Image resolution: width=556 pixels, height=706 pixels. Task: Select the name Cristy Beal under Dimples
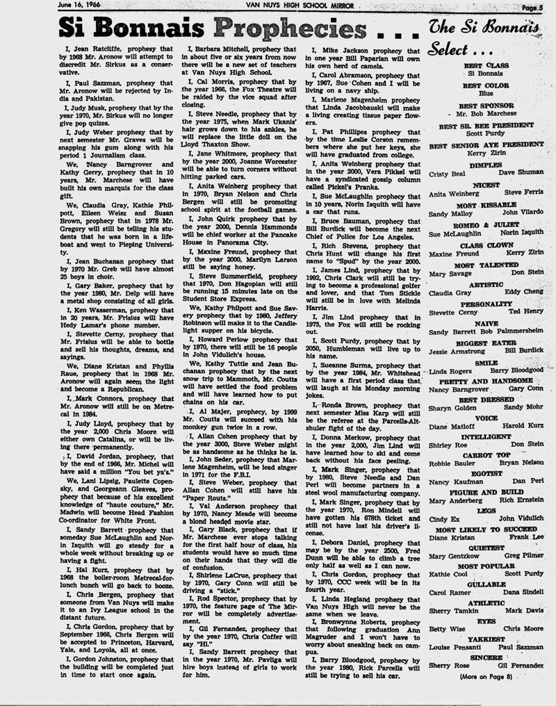445,173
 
